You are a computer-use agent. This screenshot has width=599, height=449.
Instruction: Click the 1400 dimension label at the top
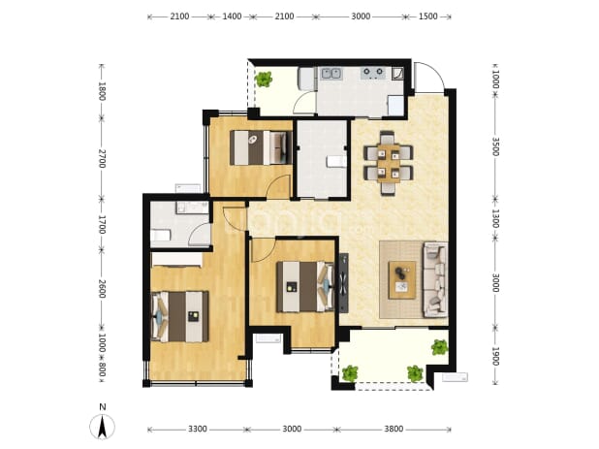click(x=232, y=16)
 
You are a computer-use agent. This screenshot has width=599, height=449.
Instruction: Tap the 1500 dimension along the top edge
click(x=427, y=16)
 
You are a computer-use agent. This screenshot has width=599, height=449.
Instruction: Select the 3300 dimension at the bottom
click(x=198, y=430)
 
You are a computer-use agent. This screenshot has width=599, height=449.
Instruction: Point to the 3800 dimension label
click(x=394, y=430)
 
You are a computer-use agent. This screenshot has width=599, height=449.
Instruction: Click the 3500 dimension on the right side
click(x=495, y=146)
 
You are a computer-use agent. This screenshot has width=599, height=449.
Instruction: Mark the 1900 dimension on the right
click(x=495, y=356)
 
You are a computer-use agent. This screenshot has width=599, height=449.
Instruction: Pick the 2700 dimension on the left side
click(x=102, y=158)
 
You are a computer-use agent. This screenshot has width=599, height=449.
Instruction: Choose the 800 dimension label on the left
click(x=102, y=369)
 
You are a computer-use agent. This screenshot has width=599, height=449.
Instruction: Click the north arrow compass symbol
click(x=102, y=427)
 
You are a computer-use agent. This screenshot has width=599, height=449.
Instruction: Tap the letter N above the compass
click(x=102, y=407)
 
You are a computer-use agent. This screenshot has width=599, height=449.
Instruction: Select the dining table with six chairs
click(x=389, y=163)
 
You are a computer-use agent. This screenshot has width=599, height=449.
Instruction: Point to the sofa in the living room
click(x=435, y=279)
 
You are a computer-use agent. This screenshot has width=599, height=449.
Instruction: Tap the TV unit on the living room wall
click(x=344, y=282)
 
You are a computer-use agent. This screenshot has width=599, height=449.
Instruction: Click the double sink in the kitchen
click(x=331, y=73)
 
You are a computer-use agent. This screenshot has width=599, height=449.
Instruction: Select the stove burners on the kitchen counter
click(x=373, y=72)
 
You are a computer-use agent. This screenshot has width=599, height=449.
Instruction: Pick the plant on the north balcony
click(x=264, y=80)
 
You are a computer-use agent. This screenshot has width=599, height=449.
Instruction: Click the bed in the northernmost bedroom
click(x=260, y=147)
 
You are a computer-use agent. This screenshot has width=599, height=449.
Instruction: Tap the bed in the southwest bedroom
click(x=180, y=316)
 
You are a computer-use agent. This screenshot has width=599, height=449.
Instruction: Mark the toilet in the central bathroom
click(x=337, y=162)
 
